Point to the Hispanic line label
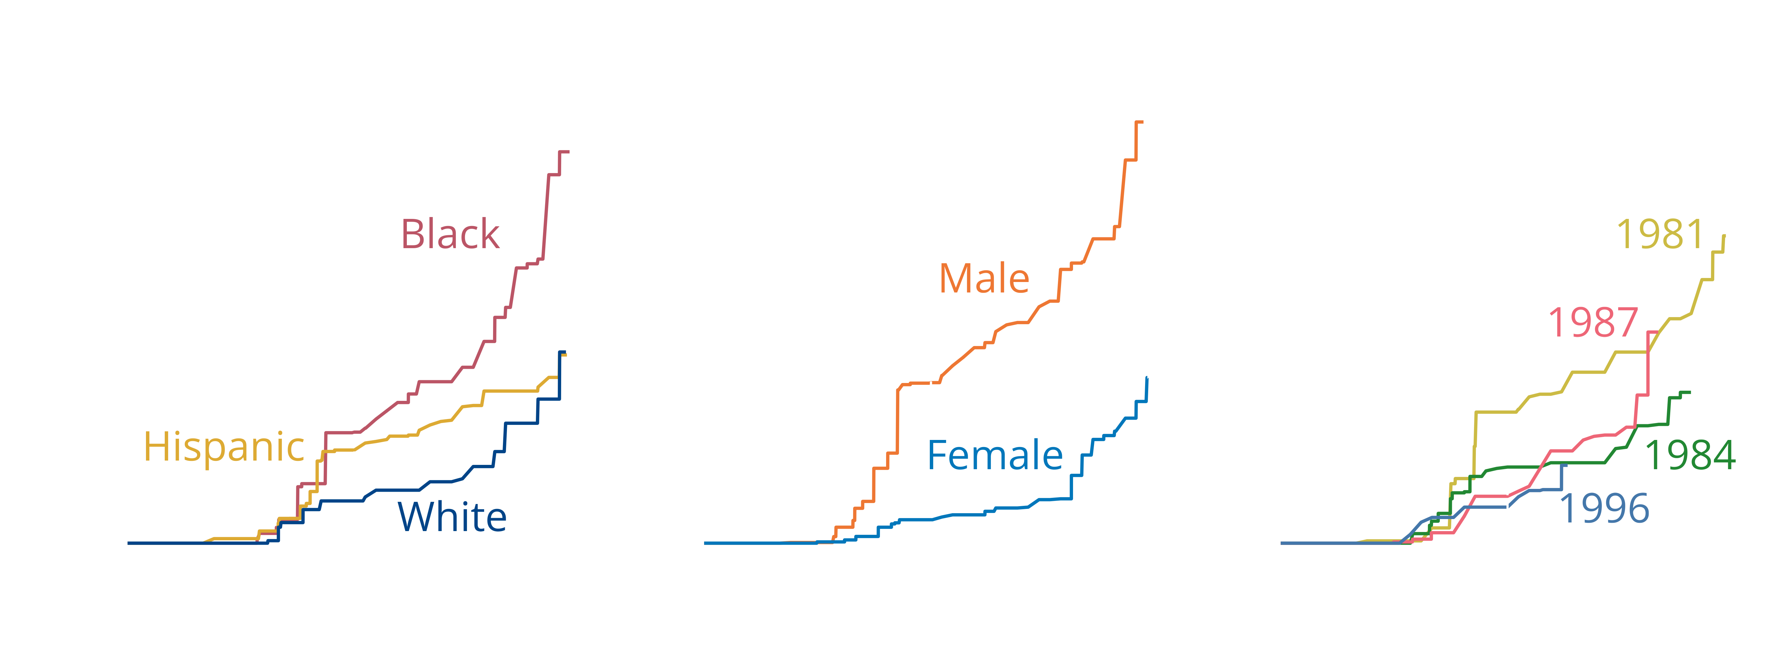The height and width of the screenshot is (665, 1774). [224, 447]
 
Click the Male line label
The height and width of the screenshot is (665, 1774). [984, 279]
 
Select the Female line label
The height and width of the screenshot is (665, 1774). [995, 456]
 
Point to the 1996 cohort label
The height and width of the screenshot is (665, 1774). [1604, 509]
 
